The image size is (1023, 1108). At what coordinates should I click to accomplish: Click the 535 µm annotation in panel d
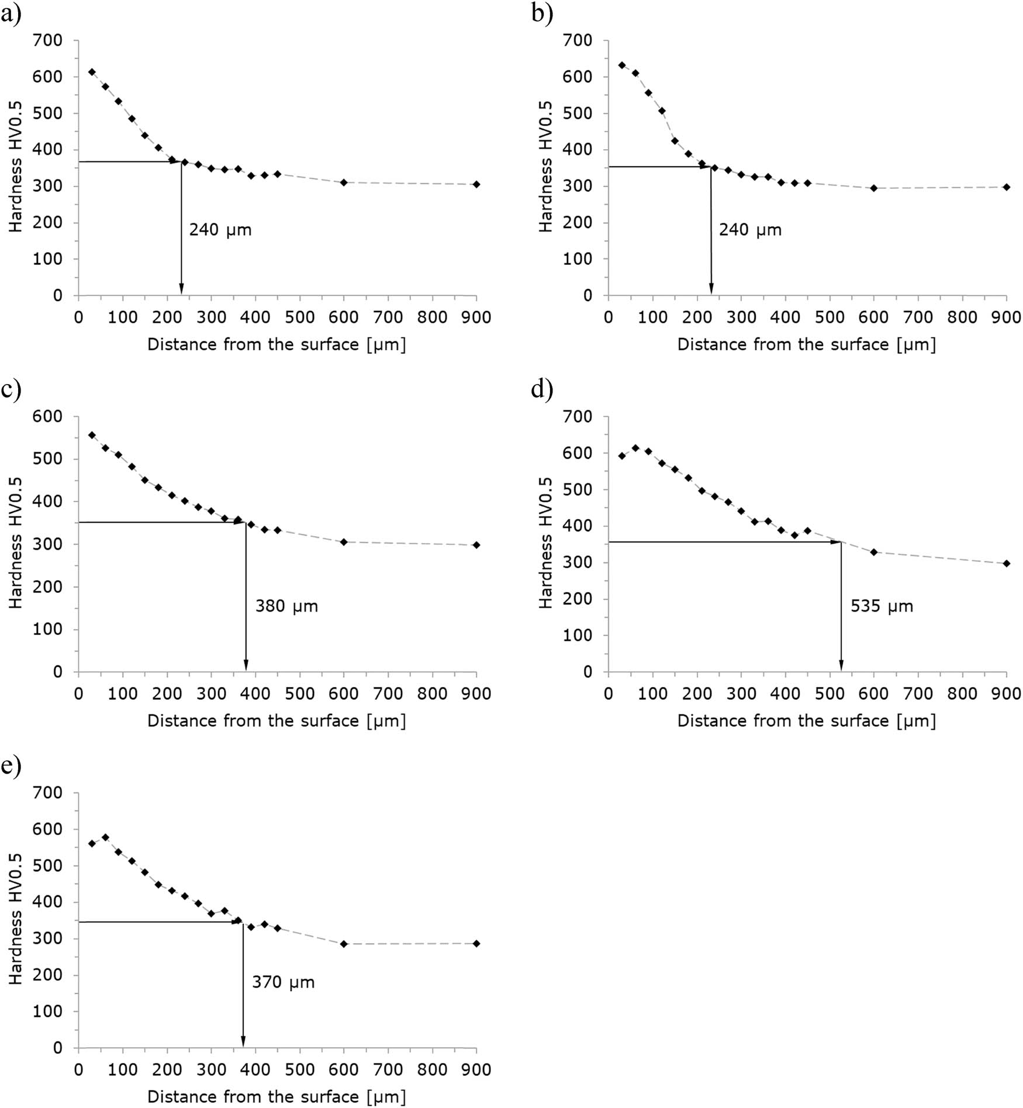tap(881, 606)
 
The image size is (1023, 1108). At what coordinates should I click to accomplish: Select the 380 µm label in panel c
tap(286, 606)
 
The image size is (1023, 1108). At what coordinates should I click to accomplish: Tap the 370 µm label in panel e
tap(283, 982)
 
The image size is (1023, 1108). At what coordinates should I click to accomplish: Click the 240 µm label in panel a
tap(220, 229)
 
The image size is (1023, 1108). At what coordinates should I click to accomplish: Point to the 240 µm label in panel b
tap(750, 229)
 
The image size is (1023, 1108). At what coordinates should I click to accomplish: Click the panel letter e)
tap(11, 765)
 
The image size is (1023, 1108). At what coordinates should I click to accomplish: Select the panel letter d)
tap(541, 389)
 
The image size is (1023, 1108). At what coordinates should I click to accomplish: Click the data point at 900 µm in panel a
tap(476, 184)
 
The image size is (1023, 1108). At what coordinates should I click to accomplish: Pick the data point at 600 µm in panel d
tap(874, 552)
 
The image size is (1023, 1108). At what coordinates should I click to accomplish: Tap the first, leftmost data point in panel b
tap(622, 65)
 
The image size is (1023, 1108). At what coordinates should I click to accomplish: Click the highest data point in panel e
tap(105, 837)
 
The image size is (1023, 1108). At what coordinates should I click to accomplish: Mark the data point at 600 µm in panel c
tap(344, 542)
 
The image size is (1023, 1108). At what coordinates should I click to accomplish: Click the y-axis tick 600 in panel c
tap(50, 416)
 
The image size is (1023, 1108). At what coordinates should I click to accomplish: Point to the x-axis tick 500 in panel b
tap(830, 317)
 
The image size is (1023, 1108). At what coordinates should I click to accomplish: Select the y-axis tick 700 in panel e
tap(50, 793)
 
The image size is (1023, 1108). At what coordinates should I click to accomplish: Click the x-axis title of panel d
tap(806, 721)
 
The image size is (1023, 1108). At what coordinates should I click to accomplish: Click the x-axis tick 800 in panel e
tap(432, 1070)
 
